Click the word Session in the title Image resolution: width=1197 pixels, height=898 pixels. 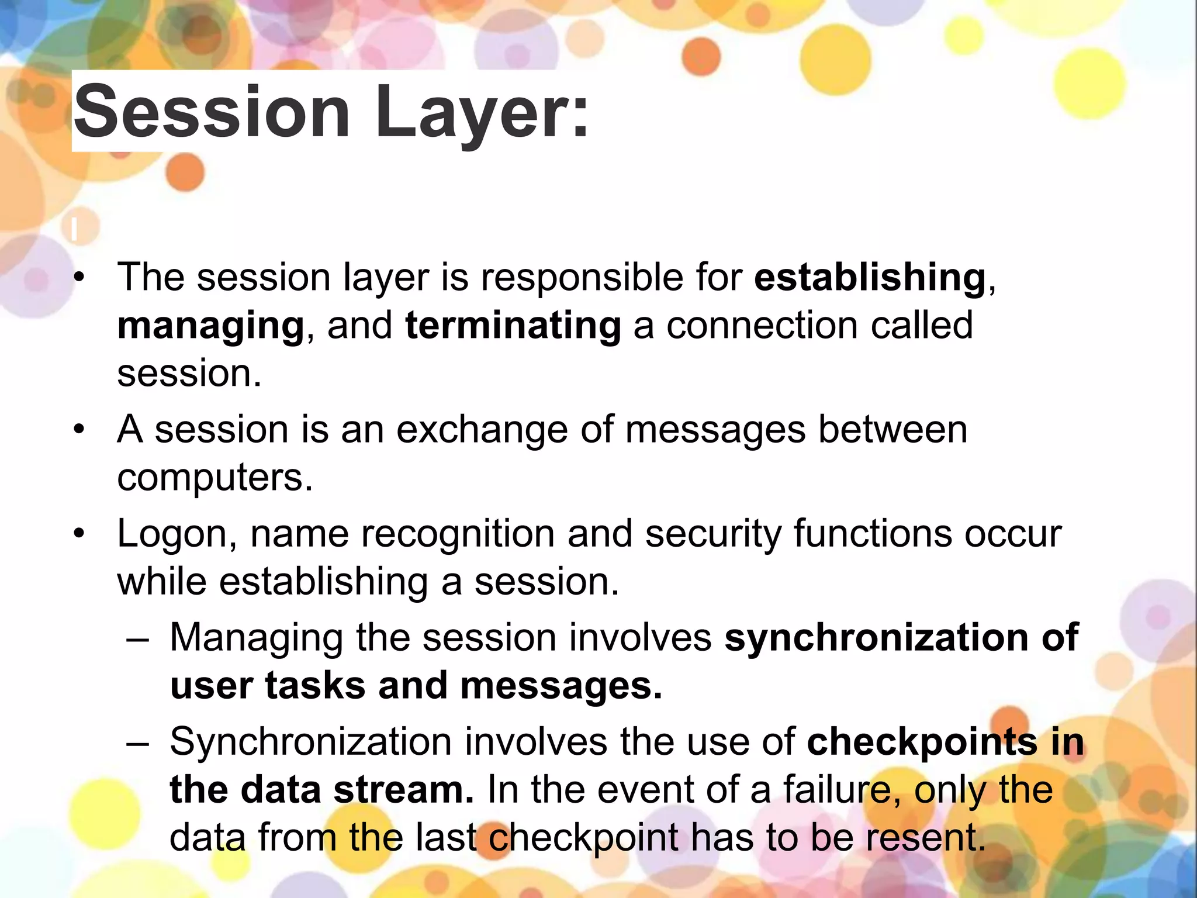(212, 111)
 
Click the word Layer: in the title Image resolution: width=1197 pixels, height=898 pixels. (481, 111)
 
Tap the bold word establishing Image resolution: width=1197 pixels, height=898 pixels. (870, 277)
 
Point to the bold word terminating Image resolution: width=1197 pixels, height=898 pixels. (513, 325)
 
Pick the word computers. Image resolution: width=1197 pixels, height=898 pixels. (215, 478)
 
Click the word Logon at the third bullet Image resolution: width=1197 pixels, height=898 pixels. (177, 534)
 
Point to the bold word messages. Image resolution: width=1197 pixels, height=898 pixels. (561, 686)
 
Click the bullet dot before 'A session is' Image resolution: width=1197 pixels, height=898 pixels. (79, 431)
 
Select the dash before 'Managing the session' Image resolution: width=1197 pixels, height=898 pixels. (138, 638)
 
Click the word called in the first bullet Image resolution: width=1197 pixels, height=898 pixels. (922, 325)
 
